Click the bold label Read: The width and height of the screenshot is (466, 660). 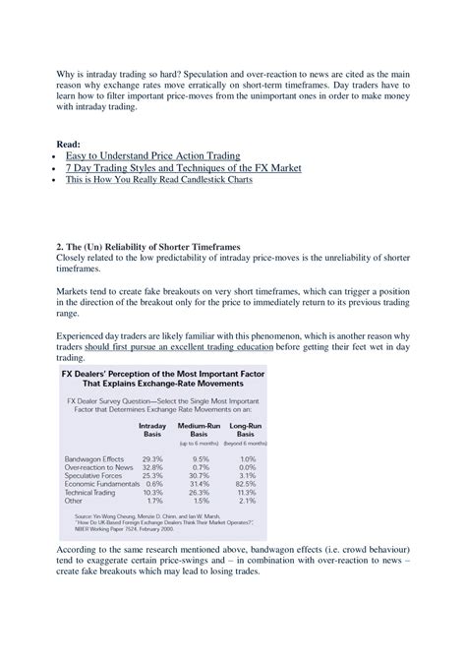coord(69,143)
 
